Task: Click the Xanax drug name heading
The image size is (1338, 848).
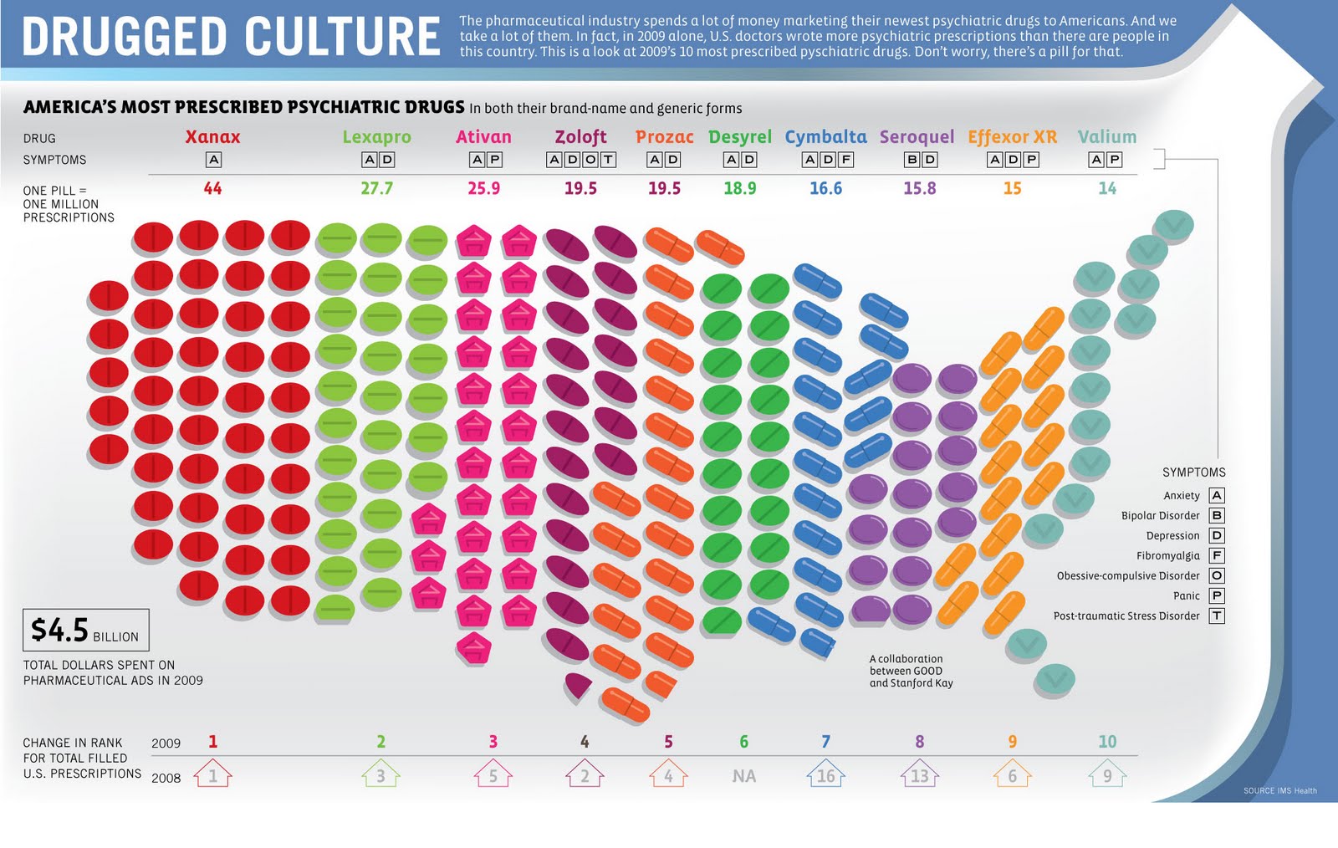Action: click(x=212, y=136)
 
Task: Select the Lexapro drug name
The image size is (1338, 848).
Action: click(x=376, y=136)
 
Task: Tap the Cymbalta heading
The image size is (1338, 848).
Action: click(x=825, y=136)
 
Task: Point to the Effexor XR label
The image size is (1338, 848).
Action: click(x=1012, y=136)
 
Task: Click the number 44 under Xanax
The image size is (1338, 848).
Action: click(x=212, y=189)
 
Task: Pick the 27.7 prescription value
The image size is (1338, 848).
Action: click(x=376, y=189)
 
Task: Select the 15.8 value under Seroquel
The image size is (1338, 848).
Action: click(x=919, y=189)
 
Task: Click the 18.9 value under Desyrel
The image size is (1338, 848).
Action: click(x=739, y=189)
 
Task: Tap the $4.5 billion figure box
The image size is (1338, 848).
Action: click(x=85, y=631)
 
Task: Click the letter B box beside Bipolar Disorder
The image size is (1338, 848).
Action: click(x=1217, y=516)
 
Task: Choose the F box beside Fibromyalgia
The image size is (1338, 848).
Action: click(x=1217, y=556)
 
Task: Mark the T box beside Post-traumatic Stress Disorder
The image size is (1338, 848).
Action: click(x=1217, y=616)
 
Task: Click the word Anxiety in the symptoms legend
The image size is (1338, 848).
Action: click(x=1181, y=496)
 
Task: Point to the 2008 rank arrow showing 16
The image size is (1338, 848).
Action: click(x=825, y=774)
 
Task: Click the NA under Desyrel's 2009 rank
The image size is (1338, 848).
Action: click(x=743, y=776)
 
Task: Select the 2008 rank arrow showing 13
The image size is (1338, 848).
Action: click(x=919, y=774)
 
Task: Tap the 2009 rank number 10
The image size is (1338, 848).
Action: click(x=1107, y=742)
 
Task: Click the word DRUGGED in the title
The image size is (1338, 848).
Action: click(x=125, y=38)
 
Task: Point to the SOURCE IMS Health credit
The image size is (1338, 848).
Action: click(x=1279, y=790)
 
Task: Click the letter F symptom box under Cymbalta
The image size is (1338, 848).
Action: click(x=845, y=160)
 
